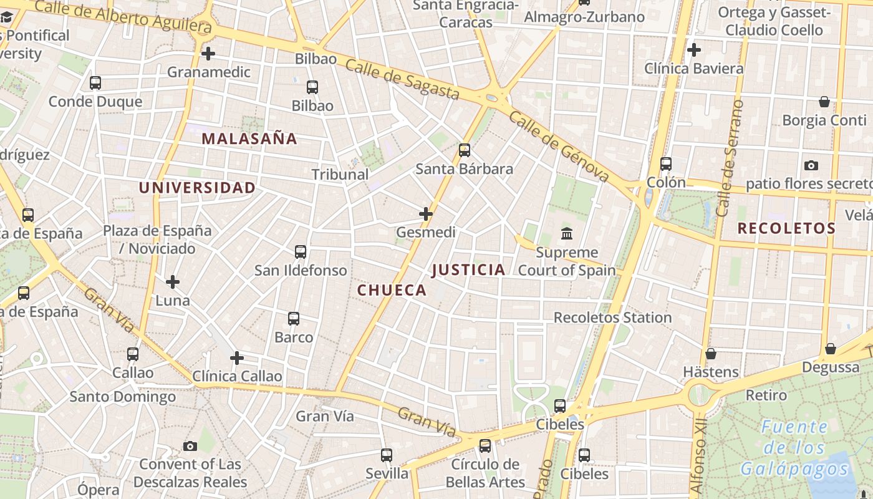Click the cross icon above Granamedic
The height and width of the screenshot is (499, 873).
click(208, 54)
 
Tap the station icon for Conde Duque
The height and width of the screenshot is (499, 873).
click(95, 82)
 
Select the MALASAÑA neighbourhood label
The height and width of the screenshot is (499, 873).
click(249, 139)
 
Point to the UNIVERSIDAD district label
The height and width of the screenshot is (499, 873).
click(197, 188)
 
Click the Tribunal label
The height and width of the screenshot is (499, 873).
click(340, 175)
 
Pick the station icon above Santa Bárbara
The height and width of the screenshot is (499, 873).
click(465, 150)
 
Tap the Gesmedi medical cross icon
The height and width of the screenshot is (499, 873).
click(426, 215)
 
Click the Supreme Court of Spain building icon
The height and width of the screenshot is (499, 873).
click(567, 234)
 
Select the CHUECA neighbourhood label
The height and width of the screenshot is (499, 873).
click(392, 290)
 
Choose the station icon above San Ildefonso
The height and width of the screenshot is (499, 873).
click(301, 252)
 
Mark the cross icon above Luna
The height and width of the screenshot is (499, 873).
click(173, 282)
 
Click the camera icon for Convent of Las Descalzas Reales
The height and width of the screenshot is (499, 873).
click(190, 446)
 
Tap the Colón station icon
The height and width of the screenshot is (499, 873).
click(666, 164)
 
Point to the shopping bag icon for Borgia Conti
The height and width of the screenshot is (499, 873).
click(824, 102)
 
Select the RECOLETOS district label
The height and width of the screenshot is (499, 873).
click(786, 228)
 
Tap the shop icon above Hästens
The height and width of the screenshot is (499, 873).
click(711, 354)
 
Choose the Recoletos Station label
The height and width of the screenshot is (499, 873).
click(612, 317)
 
